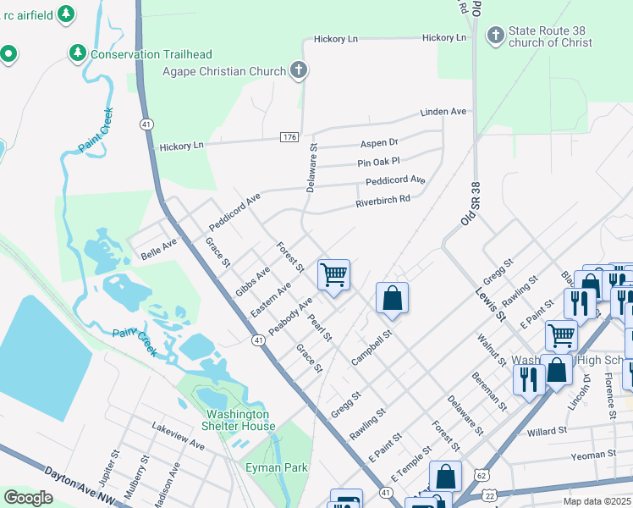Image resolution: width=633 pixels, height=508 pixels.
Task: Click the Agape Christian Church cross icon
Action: click(x=298, y=72)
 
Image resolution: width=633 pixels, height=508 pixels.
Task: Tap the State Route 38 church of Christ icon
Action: click(x=495, y=36)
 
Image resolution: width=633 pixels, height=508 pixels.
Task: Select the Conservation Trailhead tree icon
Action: click(x=78, y=53)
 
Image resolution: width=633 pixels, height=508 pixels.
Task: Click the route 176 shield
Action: click(x=289, y=137)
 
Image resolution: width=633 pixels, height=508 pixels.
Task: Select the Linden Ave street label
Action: click(x=444, y=112)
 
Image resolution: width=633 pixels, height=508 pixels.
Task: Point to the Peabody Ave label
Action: click(x=291, y=314)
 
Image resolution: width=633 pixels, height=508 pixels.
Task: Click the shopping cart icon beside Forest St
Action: click(x=334, y=274)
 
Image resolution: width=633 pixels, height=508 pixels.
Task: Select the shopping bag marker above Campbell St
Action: click(x=392, y=297)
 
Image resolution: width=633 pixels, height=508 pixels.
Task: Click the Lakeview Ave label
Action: click(x=179, y=438)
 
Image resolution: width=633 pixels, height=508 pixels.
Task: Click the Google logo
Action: click(x=28, y=497)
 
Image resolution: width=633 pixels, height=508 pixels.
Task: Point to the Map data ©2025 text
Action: click(x=596, y=501)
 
